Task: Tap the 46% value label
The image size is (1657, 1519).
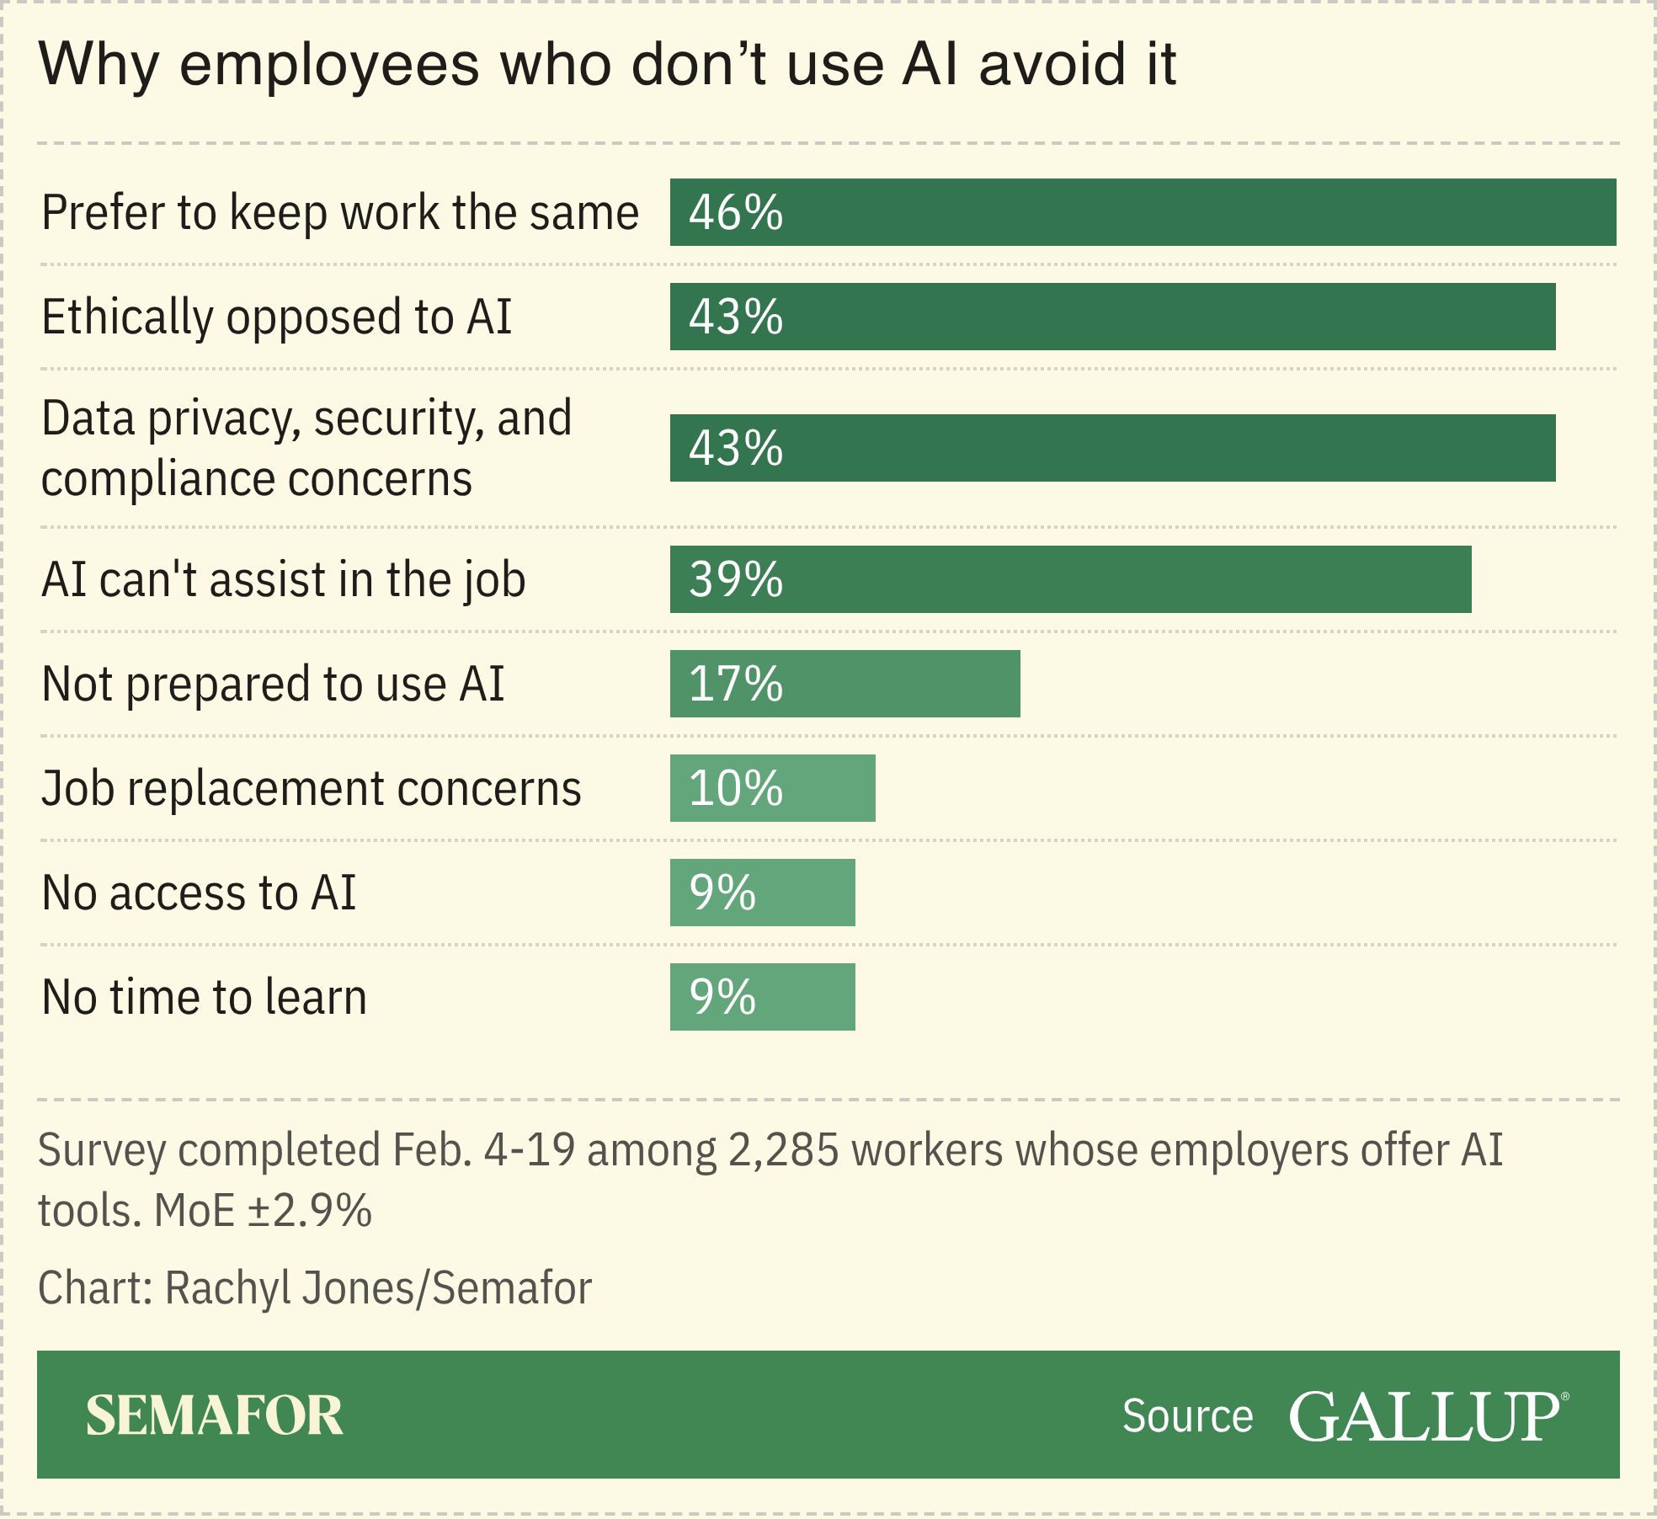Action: point(736,212)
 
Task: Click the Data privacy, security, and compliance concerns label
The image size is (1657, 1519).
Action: point(306,448)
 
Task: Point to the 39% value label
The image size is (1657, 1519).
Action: point(736,579)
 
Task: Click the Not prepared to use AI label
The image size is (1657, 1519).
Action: point(273,684)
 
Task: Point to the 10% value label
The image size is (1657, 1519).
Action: point(736,788)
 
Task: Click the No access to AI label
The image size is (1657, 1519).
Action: point(199,893)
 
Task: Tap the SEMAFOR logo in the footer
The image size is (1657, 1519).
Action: point(215,1415)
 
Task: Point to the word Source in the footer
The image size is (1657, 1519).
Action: point(1187,1416)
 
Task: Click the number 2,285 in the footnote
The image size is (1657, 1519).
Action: point(783,1151)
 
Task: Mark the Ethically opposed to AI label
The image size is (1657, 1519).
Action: point(276,317)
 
